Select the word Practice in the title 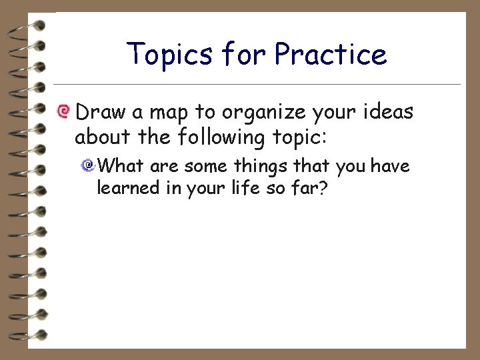[331, 55]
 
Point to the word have [389, 165]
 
